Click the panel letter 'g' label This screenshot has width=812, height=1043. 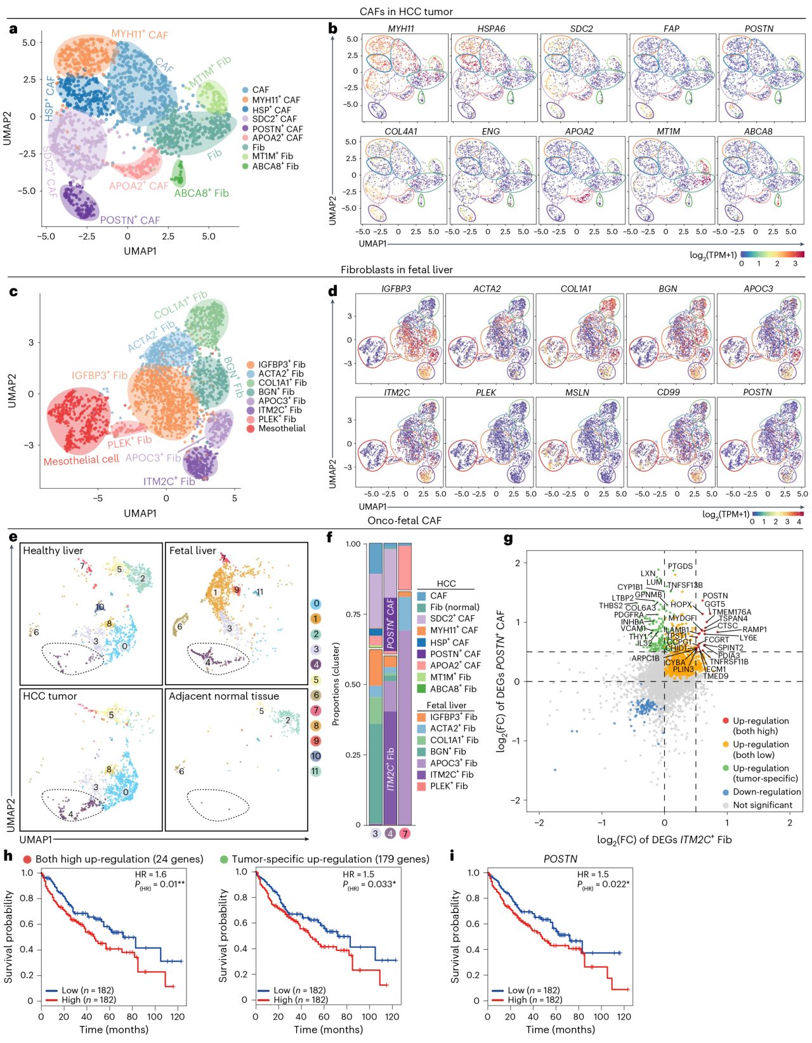[x=508, y=539]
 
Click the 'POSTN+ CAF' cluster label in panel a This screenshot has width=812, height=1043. [x=130, y=220]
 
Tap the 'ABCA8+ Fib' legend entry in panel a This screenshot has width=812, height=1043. [x=275, y=166]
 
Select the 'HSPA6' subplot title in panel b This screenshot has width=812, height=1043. [x=491, y=29]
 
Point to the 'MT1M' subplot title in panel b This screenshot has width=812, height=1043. [x=668, y=131]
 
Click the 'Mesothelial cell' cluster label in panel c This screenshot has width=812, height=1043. [x=81, y=460]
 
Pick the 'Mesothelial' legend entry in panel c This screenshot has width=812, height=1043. [x=281, y=429]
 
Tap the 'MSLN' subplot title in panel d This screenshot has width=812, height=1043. [x=577, y=392]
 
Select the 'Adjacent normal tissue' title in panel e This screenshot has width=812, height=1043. [x=224, y=696]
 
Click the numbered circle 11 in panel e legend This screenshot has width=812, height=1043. [x=315, y=771]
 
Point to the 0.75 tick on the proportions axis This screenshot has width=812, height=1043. [x=353, y=614]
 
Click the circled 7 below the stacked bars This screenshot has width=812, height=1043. [x=405, y=833]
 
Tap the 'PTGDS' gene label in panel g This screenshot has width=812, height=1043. [x=680, y=566]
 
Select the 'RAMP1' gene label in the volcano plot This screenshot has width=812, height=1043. [x=755, y=630]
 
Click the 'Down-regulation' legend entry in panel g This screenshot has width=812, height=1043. [x=766, y=792]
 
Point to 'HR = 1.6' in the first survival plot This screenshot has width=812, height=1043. [x=151, y=874]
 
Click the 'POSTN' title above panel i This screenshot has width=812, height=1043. [x=560, y=859]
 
